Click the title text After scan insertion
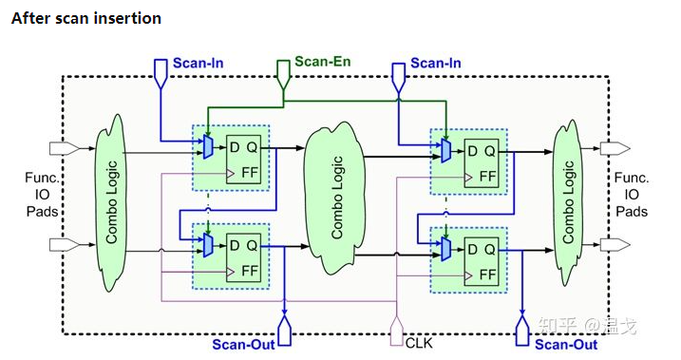tap(86, 18)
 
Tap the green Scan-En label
tap(323, 62)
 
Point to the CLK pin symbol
tap(397, 335)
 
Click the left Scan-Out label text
tap(243, 343)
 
